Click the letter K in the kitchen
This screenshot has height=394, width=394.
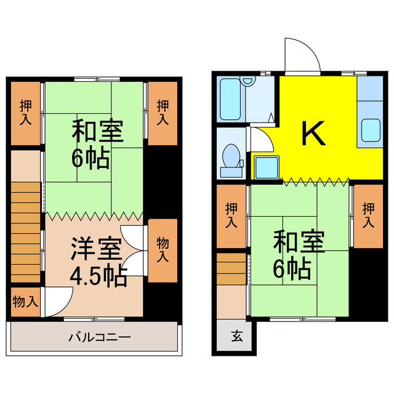click(313, 134)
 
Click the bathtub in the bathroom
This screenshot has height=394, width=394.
click(232, 101)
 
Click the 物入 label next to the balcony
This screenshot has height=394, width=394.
click(26, 302)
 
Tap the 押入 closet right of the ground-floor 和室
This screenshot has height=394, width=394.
click(368, 215)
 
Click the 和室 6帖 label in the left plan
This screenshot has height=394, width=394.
click(97, 146)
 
